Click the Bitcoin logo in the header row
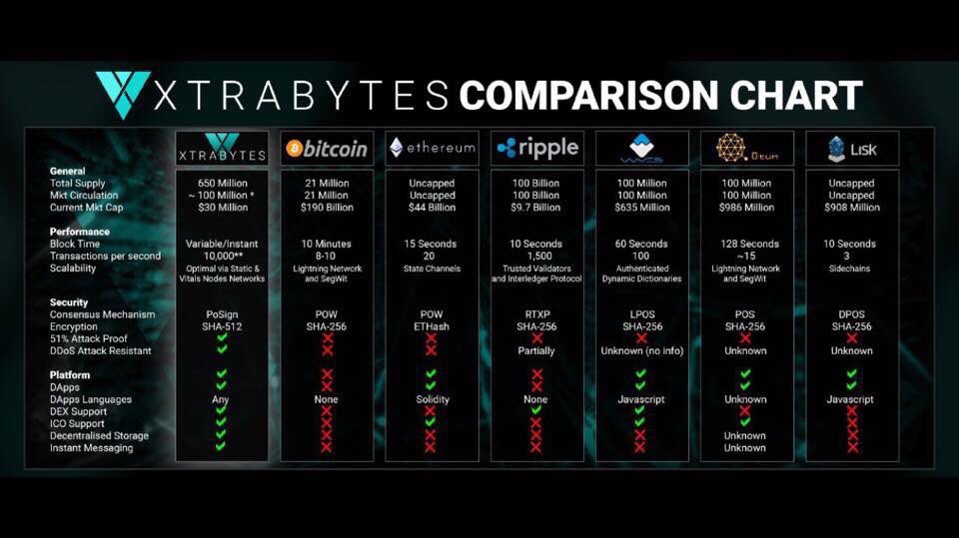326,149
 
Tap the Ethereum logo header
432,148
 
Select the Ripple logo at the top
536,148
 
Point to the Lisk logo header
851,148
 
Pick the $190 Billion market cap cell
326,208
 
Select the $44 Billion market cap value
431,208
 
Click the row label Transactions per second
105,256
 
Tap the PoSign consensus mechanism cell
221,314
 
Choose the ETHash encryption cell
431,326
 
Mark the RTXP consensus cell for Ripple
536,314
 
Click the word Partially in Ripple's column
536,350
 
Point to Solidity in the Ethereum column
431,399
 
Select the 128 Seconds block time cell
745,244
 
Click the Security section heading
69,302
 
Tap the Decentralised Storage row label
99,435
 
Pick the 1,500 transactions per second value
536,256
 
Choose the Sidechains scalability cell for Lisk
851,268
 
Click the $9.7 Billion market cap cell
536,208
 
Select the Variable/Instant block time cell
221,244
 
